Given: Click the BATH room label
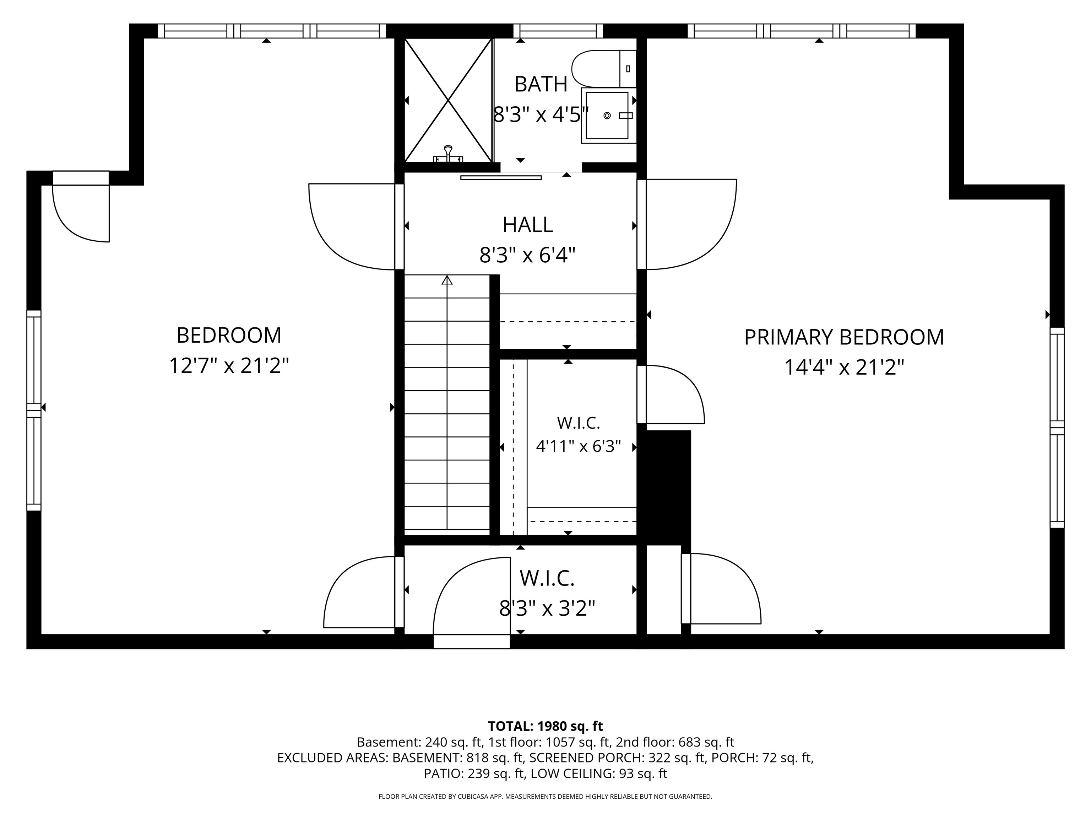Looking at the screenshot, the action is tap(541, 84).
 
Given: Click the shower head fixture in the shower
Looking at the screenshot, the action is tap(448, 154).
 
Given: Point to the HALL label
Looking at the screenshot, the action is tap(528, 225).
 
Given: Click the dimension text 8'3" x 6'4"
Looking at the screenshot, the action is tap(528, 256).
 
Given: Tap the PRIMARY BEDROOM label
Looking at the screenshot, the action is tap(844, 337).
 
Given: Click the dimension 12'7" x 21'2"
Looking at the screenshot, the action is tap(229, 366).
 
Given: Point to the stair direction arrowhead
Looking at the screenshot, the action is tap(447, 280).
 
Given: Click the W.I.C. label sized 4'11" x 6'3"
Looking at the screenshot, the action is tap(578, 423).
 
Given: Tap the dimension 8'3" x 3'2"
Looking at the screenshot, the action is tap(547, 608).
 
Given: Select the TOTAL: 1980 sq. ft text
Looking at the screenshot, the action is tap(545, 726).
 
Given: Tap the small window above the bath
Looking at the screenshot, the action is tap(558, 31).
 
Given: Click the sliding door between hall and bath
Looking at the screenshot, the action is tap(501, 178).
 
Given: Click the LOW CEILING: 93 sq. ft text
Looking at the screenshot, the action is tap(599, 773).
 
